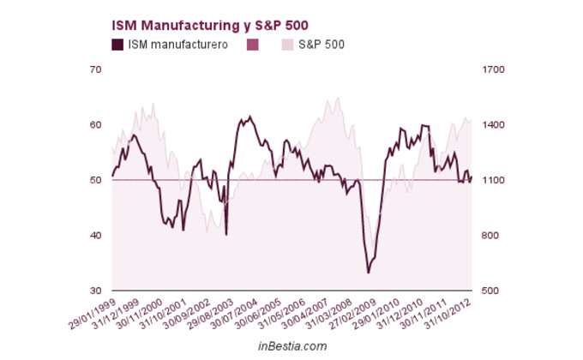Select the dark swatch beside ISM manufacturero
click(x=117, y=45)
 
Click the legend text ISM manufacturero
click(x=177, y=45)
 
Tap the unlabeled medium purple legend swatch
click(x=252, y=45)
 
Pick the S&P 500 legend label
click(x=322, y=45)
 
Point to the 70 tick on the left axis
click(x=96, y=69)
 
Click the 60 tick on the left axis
click(x=96, y=125)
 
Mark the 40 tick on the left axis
click(x=96, y=236)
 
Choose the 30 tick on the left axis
click(x=96, y=291)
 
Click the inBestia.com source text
click(x=292, y=345)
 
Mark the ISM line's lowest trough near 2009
click(x=369, y=273)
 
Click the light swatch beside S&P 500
click(x=288, y=45)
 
